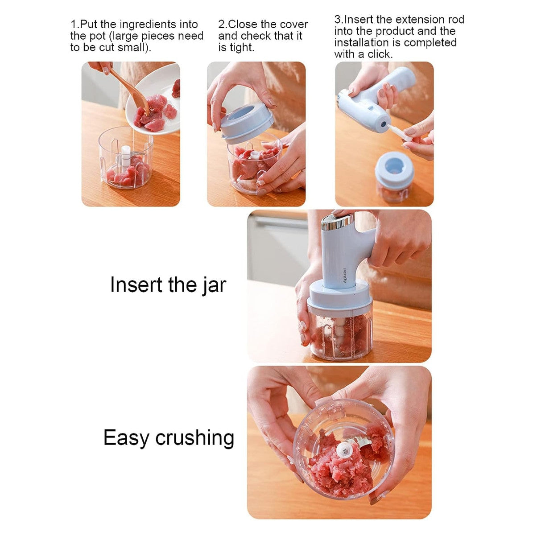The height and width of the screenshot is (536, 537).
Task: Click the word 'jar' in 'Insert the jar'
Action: (214, 285)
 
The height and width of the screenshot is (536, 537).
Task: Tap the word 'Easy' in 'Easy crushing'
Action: (126, 438)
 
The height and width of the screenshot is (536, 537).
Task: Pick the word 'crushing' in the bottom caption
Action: (194, 438)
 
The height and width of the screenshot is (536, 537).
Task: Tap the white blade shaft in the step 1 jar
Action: (125, 157)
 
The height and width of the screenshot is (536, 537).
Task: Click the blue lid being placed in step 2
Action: (247, 122)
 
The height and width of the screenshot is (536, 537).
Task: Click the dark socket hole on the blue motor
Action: (384, 124)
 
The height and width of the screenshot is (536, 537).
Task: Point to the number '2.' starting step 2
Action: (223, 25)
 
